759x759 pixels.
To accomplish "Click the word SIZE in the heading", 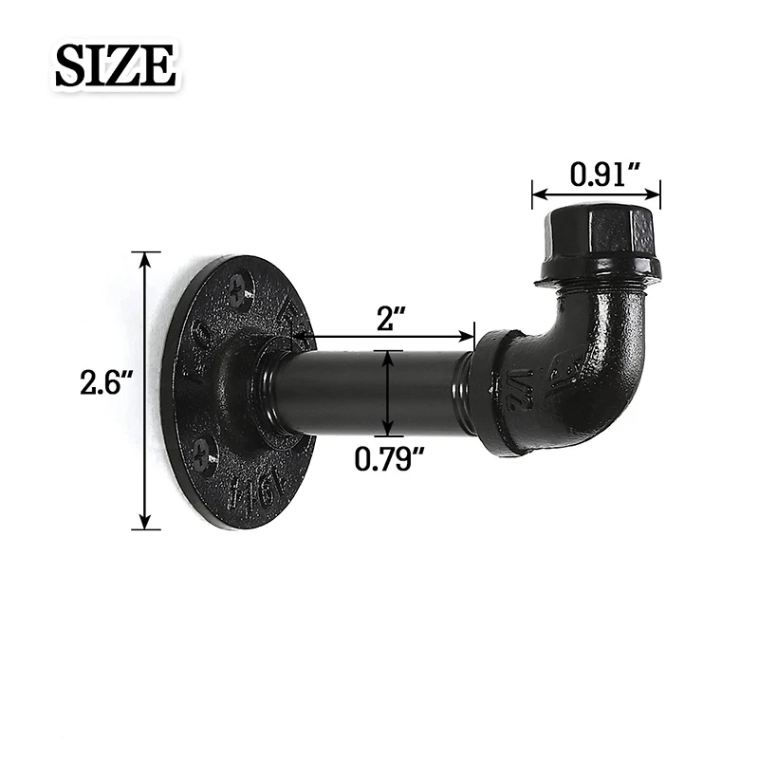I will [115, 65].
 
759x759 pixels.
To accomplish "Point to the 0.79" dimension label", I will [388, 458].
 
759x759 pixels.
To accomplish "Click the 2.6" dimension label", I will [105, 385].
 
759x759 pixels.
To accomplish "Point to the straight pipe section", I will [370, 392].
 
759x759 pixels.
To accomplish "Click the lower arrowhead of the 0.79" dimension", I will [386, 430].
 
